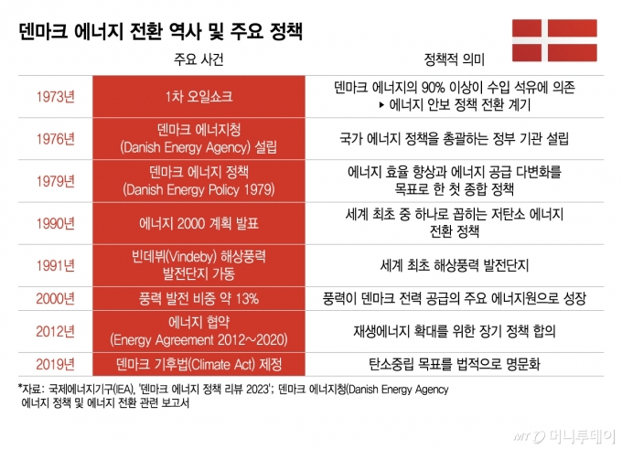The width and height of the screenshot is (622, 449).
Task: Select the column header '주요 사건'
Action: click(198, 62)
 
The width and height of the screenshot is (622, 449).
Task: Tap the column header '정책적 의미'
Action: click(455, 62)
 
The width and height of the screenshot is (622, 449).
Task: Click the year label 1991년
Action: click(56, 264)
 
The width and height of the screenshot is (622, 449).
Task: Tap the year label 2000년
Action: click(56, 298)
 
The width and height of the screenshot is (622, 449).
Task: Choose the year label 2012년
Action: click(56, 330)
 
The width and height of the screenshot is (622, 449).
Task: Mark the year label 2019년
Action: click(56, 362)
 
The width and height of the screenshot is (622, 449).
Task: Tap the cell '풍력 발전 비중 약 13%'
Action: click(198, 298)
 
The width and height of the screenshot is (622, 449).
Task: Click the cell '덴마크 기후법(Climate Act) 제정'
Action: click(198, 362)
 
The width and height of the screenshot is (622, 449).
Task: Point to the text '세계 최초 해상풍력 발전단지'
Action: click(455, 264)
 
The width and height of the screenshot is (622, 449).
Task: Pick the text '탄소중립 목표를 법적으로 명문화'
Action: click(455, 362)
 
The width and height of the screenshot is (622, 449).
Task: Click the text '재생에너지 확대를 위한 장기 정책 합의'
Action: click(455, 330)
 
